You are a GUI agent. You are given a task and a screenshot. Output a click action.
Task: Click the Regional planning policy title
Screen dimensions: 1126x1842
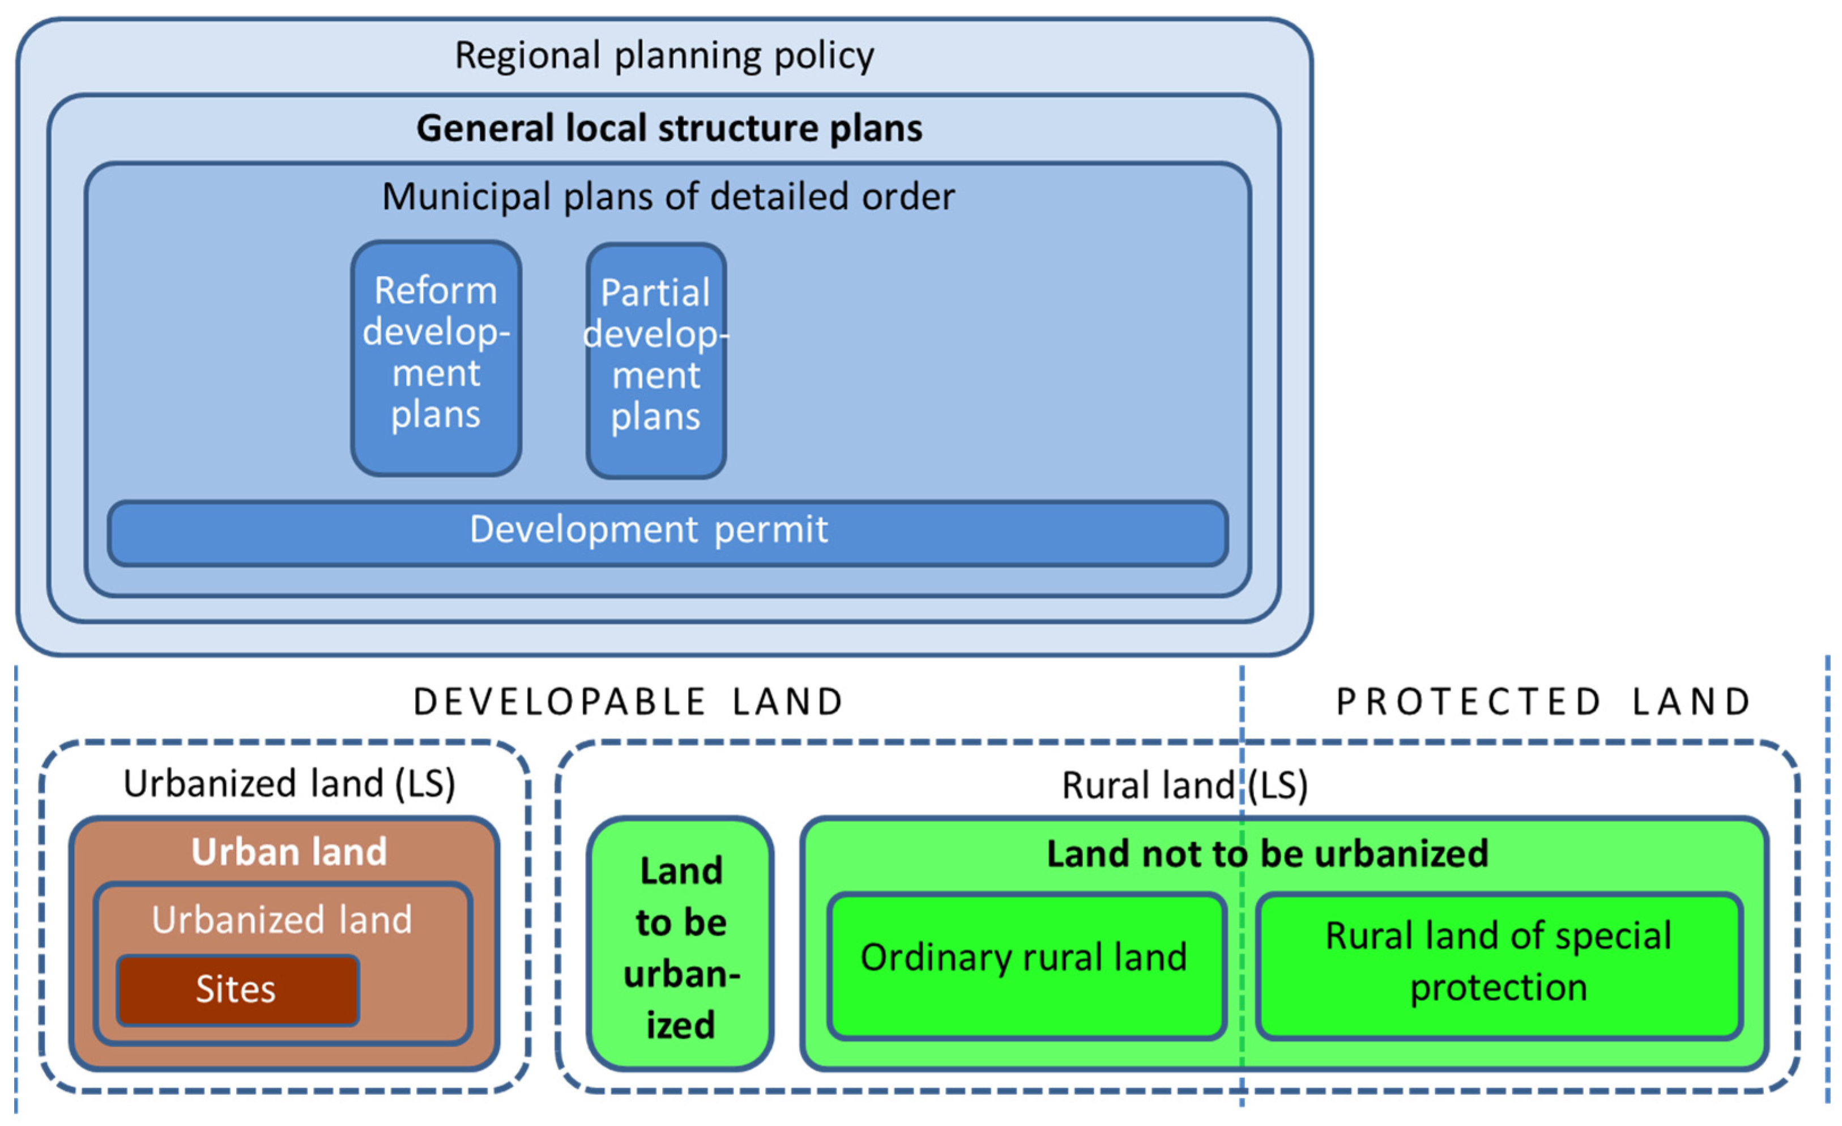click(x=664, y=56)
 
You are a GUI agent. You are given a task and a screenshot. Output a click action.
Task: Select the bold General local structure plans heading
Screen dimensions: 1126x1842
click(x=669, y=128)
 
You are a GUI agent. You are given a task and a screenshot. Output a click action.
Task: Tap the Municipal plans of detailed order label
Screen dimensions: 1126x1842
click(x=668, y=197)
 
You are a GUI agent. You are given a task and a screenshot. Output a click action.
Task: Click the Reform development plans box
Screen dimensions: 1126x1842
click(x=436, y=358)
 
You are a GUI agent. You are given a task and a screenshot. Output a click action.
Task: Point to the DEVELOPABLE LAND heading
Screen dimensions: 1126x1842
click(x=628, y=702)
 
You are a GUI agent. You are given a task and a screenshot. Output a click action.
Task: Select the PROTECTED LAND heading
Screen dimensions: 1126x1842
click(x=1543, y=702)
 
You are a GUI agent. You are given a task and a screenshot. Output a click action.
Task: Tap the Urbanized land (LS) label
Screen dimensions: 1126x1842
click(x=289, y=784)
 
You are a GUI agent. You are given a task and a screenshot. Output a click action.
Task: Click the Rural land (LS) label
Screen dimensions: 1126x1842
click(x=1185, y=785)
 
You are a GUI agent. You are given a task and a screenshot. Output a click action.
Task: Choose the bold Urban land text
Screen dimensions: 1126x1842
click(x=289, y=852)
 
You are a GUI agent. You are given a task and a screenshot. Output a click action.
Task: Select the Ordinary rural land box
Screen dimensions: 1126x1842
click(x=1024, y=964)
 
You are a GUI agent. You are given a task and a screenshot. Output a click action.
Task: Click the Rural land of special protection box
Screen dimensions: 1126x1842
click(x=1499, y=964)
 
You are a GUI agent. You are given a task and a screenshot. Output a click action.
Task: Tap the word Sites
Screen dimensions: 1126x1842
click(x=236, y=990)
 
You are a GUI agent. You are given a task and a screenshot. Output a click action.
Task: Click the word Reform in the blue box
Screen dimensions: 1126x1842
click(x=436, y=290)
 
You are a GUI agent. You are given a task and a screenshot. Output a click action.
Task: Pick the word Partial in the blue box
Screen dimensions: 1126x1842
click(x=655, y=292)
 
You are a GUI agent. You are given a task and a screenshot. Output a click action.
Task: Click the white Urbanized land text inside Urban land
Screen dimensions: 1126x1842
click(x=282, y=920)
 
